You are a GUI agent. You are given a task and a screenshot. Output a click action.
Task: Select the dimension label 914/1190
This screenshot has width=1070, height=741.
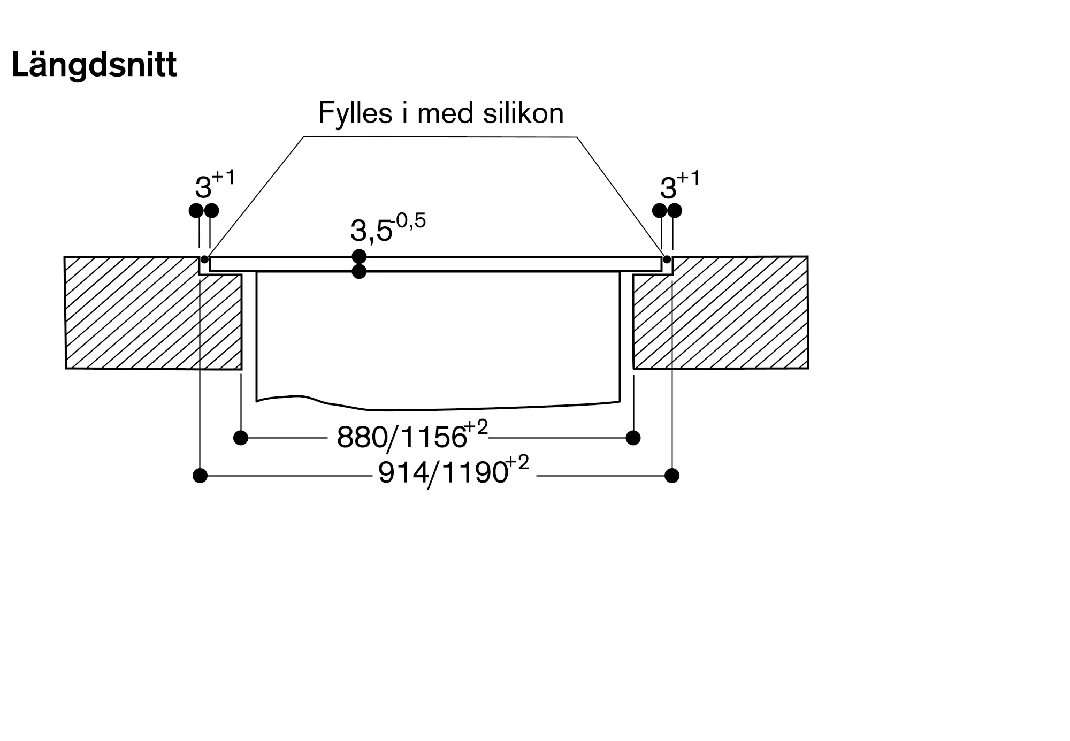tap(443, 473)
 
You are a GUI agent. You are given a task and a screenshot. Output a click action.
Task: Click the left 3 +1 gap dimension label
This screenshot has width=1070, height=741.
tap(215, 185)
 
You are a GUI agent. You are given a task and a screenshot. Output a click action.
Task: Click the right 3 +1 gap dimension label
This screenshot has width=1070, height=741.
tap(679, 185)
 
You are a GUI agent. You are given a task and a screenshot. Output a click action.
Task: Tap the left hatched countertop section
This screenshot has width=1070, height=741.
tap(153, 313)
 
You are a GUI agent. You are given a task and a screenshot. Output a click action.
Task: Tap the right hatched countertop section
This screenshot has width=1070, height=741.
tap(721, 312)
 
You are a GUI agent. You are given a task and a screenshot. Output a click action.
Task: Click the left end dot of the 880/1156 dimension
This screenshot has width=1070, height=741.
tap(241, 438)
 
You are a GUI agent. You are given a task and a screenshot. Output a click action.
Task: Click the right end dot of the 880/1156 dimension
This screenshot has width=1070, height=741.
tap(633, 438)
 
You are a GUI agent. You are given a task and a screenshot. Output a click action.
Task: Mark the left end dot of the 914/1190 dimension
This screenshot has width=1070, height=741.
tap(200, 476)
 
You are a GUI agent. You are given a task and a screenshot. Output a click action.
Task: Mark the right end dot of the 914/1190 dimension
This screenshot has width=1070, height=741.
tap(672, 475)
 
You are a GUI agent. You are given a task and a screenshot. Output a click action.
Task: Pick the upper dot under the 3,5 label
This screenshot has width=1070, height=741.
tap(359, 257)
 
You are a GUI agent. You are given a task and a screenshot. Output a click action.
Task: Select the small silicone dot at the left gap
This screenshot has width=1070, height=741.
tap(204, 259)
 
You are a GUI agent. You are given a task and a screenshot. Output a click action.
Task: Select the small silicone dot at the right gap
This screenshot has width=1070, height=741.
tap(667, 259)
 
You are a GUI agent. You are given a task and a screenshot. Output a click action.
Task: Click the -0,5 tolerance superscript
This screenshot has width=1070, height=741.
tap(408, 220)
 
